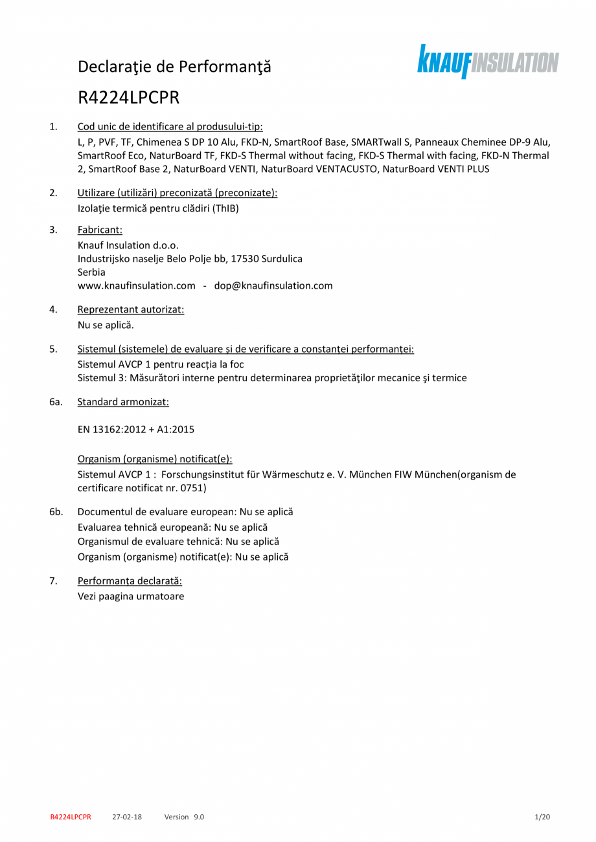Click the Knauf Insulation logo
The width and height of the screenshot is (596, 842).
coord(487,62)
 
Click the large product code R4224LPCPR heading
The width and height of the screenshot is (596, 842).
coord(128,98)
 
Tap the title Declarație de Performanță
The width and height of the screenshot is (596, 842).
coord(174,66)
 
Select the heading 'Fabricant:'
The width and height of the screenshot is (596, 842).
coord(100,230)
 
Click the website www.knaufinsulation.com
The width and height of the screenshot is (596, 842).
coord(136,285)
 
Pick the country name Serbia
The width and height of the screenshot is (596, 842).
coord(91,272)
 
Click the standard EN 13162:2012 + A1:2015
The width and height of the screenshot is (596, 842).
coord(136,429)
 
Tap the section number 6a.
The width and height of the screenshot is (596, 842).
coord(56,402)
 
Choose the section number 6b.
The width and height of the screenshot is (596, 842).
coord(56,511)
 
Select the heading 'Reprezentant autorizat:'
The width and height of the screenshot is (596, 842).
coord(131,309)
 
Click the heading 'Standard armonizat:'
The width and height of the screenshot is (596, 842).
coord(123,402)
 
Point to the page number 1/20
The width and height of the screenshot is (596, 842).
coord(542,817)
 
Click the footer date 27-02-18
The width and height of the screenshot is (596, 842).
coord(127,817)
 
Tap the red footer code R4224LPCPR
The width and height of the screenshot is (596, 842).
coord(71,817)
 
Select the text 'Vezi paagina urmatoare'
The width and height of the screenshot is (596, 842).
coord(131,596)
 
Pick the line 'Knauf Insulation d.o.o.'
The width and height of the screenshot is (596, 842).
coord(128,245)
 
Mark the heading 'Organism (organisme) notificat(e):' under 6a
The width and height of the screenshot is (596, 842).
coord(155,459)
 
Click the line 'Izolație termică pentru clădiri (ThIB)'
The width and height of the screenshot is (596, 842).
coord(163,208)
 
